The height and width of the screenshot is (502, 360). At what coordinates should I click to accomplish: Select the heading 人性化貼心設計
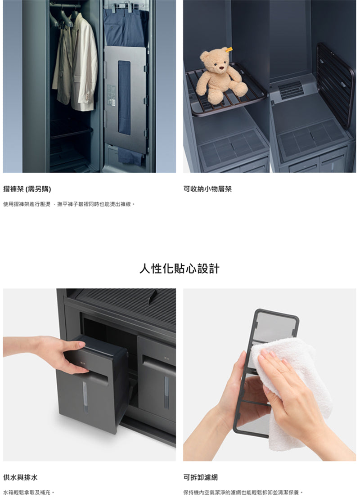click(180, 269)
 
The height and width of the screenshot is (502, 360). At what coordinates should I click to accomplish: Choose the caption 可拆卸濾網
click(200, 477)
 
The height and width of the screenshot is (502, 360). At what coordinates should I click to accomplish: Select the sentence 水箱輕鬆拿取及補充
click(28, 492)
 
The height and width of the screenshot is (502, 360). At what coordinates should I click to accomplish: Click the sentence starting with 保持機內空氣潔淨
click(243, 492)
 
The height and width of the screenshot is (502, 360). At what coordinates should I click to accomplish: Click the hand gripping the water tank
click(63, 355)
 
